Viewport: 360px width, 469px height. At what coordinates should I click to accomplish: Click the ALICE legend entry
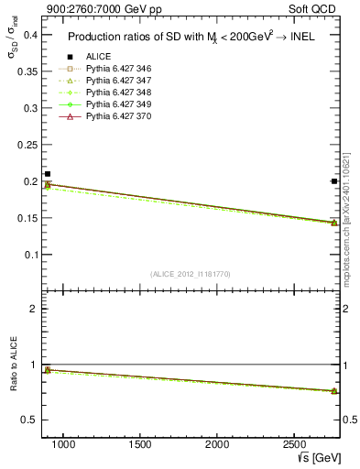[97, 56]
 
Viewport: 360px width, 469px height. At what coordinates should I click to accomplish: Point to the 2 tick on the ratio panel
[33, 309]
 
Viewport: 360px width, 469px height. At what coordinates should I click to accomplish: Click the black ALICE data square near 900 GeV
[48, 174]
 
